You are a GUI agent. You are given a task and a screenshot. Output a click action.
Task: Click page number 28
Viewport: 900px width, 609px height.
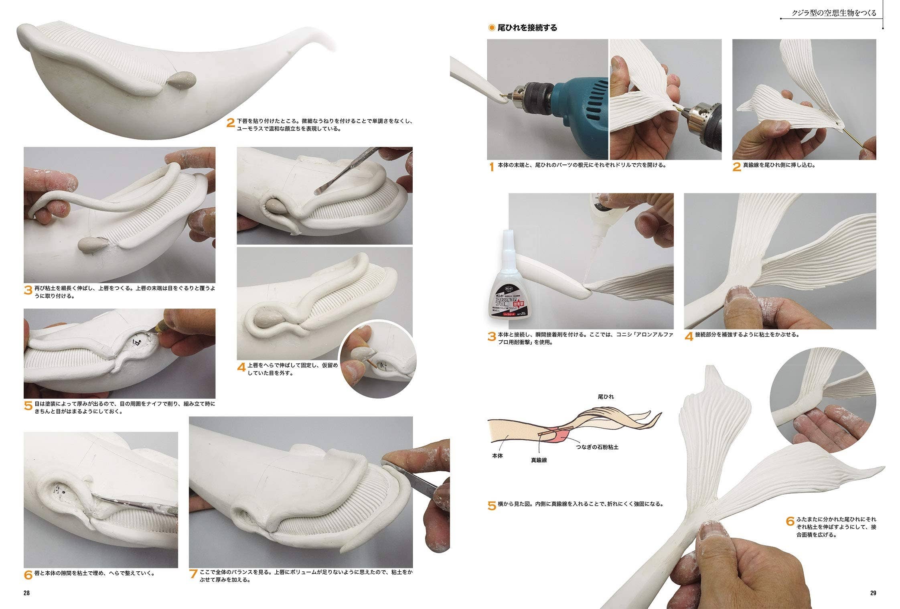pyautogui.click(x=26, y=593)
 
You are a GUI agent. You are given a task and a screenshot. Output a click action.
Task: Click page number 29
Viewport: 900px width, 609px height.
pyautogui.click(x=873, y=593)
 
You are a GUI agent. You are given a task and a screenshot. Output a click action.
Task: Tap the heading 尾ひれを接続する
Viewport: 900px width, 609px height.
pyautogui.click(x=527, y=28)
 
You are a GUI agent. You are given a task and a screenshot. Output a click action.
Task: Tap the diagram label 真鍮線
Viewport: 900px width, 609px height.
pyautogui.click(x=539, y=460)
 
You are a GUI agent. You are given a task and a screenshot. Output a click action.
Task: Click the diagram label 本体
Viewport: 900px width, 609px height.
pyautogui.click(x=497, y=456)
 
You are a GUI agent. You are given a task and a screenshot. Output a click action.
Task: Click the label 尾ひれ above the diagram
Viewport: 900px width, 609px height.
pyautogui.click(x=606, y=396)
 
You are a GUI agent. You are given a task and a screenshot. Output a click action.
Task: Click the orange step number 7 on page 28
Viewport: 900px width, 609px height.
pyautogui.click(x=193, y=575)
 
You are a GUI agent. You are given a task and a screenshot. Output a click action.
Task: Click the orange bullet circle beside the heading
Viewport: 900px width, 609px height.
pyautogui.click(x=491, y=28)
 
